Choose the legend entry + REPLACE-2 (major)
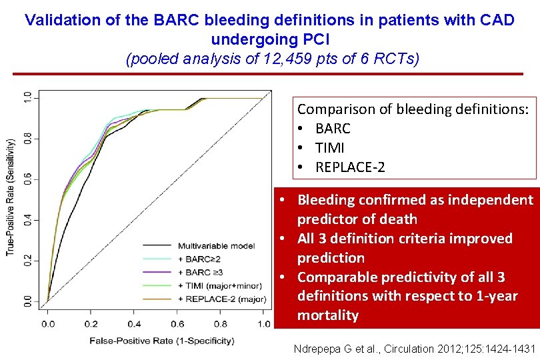coord(220,297)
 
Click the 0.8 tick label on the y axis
coord(27,139)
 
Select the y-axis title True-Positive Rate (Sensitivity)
coord(11,197)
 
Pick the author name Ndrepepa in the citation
coord(317,348)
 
